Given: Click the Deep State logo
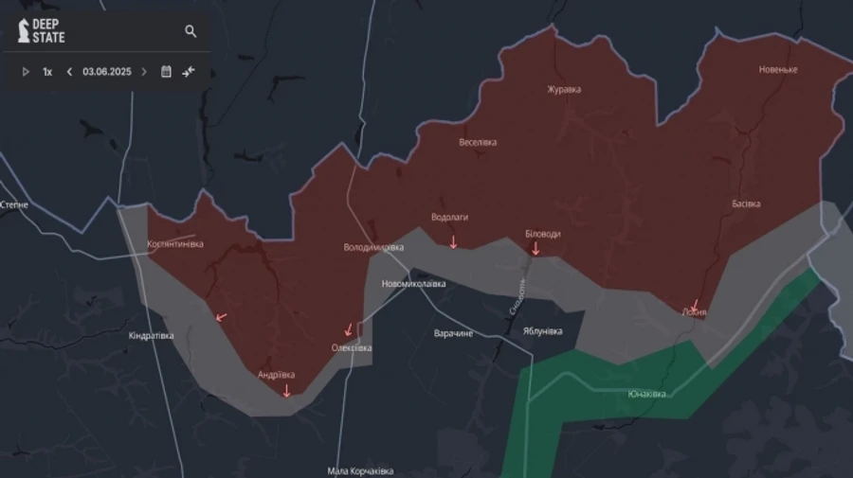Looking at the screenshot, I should pos(42,30).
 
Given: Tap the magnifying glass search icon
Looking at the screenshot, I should pos(191,31).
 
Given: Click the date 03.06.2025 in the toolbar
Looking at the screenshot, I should pos(105,72).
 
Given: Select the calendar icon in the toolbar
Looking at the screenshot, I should pos(166,72).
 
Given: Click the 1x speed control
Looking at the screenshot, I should pos(47,72).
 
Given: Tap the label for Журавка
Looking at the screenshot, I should pos(564,90).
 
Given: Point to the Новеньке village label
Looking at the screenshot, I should pos(778,69).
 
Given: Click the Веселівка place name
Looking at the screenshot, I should pos(478,143).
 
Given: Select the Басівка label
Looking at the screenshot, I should pos(746,204).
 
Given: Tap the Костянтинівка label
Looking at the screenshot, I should pos(175,244).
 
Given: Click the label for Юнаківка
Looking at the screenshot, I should pos(646,394).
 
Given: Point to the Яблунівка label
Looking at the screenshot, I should pos(542,331).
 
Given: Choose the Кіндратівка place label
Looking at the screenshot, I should pos(152,335).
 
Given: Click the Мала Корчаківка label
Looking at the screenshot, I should pos(360,470).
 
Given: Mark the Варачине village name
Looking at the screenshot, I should pos(453,334).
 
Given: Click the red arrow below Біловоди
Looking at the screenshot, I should pos(535,249).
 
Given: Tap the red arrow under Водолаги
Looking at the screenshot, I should pos(453,242).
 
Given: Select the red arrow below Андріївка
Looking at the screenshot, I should pos(287,389).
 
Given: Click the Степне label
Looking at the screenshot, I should pos(14,204).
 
